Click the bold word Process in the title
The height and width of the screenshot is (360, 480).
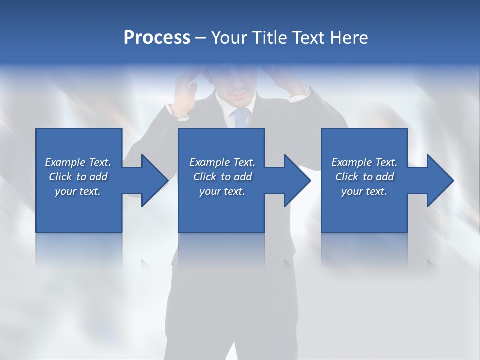coord(157,38)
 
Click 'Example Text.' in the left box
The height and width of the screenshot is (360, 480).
coord(78,162)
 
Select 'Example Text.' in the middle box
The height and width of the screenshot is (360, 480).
coord(222,162)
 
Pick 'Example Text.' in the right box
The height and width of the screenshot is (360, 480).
coord(364,162)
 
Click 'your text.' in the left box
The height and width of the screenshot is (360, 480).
coord(78,191)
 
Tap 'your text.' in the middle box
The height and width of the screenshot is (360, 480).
coord(222,191)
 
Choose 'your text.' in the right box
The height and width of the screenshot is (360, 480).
coord(364,191)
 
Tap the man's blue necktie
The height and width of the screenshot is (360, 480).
coord(241,117)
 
